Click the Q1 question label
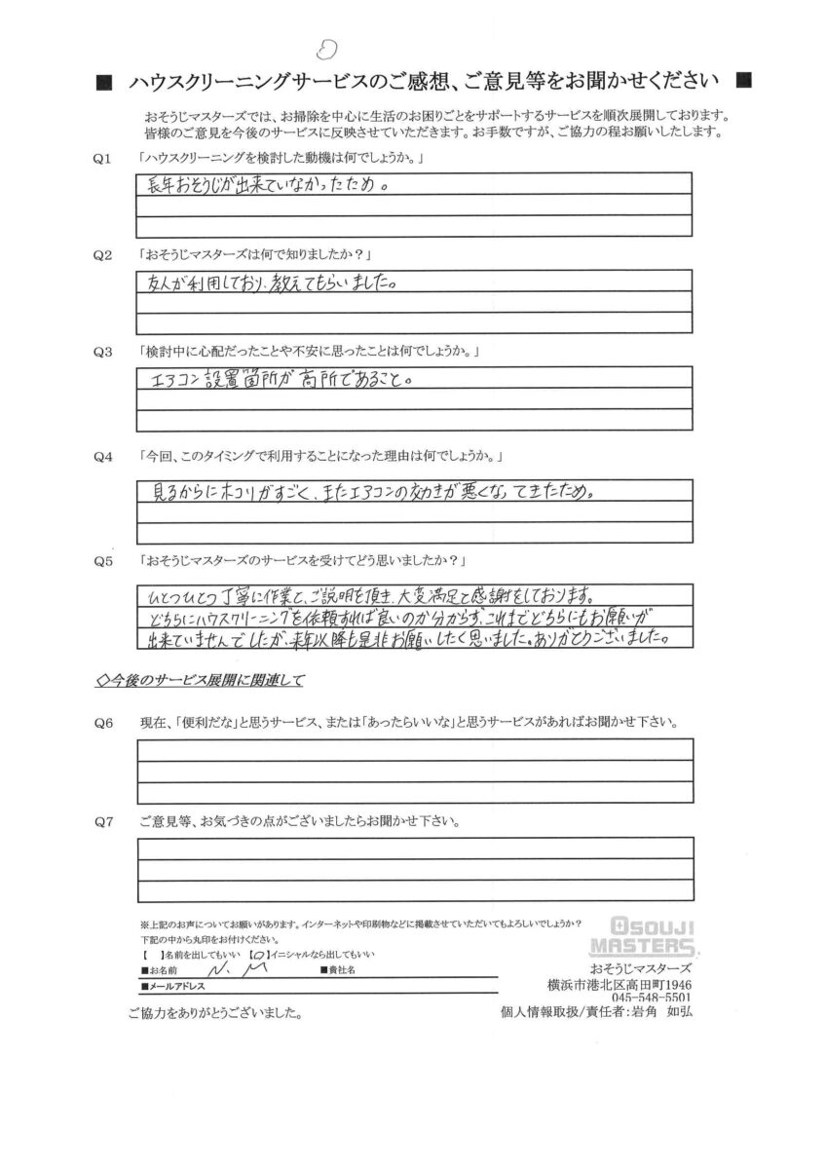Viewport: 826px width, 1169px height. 105,158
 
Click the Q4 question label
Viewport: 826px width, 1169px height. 105,456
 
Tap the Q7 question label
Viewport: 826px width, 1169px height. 105,821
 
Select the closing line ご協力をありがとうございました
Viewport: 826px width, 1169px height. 215,1014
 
